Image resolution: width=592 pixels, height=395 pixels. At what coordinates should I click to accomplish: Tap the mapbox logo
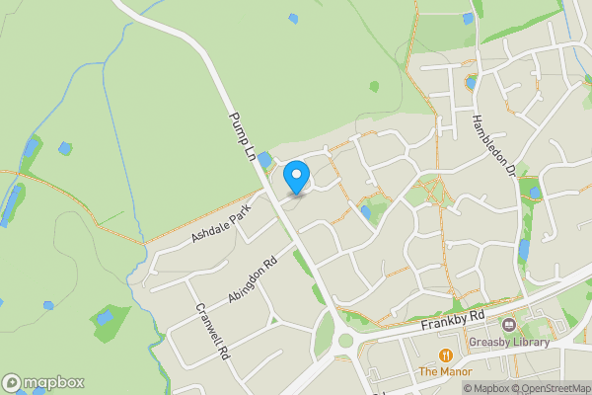[x=42, y=382]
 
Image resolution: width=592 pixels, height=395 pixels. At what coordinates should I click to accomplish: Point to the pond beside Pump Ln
[x=264, y=158]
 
